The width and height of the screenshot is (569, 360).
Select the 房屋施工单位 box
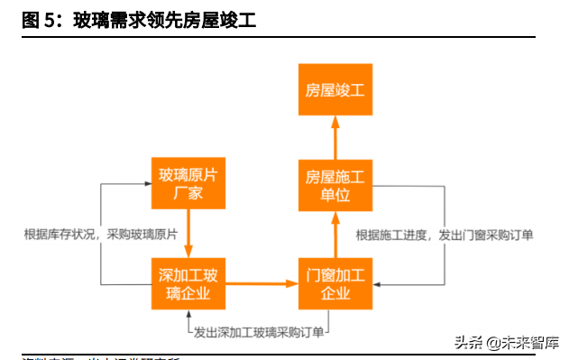point(335,186)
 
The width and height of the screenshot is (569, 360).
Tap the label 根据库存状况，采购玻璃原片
point(100,235)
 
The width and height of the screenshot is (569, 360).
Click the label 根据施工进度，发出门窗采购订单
point(445,235)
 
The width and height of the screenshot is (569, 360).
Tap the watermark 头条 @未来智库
point(507,343)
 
